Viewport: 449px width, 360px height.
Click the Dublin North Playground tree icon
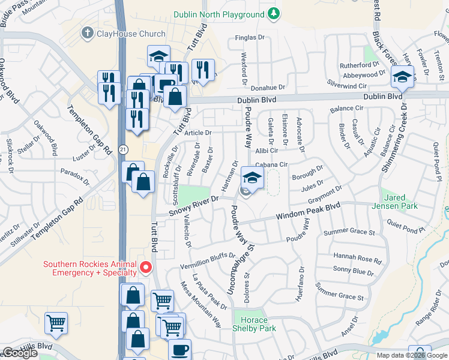pos(273,13)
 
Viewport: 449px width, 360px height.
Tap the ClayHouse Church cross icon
pos(87,34)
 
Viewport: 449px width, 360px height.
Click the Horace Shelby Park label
pos(255,324)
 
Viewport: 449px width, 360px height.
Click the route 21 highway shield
pos(122,148)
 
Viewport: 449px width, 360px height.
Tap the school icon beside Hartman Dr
pos(253,178)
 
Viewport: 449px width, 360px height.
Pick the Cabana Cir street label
pos(272,164)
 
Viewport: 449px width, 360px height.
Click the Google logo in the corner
pos(20,353)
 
